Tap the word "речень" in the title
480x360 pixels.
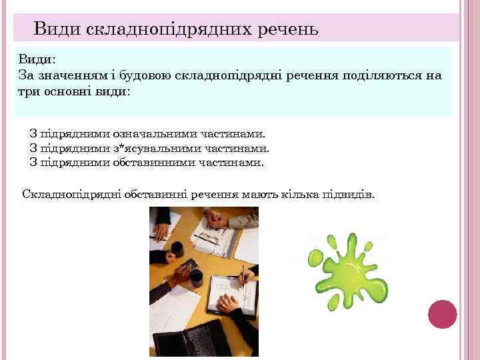[x=286, y=29]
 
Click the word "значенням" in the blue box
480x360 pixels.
[x=69, y=75]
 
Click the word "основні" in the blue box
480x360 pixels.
[x=66, y=91]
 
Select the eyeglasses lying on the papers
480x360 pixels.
[x=209, y=237]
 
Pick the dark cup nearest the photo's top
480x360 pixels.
[x=177, y=250]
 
